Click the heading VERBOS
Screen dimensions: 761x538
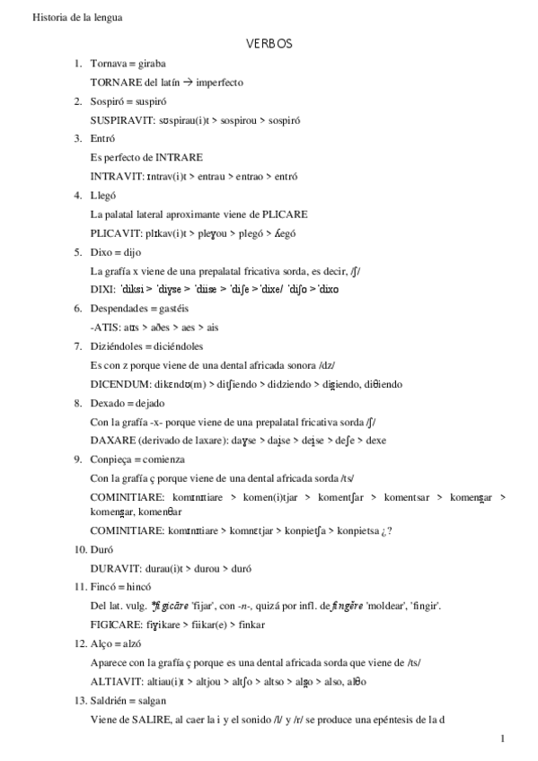tap(269, 43)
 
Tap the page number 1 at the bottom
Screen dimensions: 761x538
tap(503, 739)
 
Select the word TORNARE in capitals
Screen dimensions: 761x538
tap(113, 82)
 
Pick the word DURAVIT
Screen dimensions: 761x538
tap(115, 569)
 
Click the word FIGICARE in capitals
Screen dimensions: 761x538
tap(117, 624)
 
